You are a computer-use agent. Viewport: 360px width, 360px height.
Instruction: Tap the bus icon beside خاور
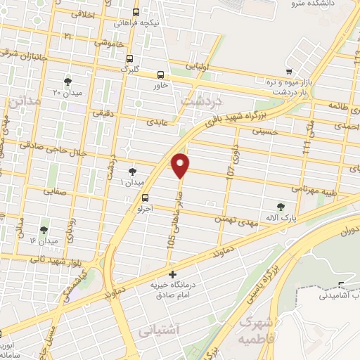pos(161,75)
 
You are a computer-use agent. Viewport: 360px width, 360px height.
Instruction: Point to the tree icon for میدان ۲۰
pos(67,82)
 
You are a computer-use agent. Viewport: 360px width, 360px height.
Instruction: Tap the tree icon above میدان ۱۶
pos(44,229)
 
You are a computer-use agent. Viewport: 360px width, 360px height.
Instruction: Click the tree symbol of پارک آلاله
pos(281,207)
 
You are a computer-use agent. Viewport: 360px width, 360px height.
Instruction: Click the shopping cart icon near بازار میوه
pos(288,71)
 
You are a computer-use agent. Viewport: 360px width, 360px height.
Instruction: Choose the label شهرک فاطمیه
pos(255,328)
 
